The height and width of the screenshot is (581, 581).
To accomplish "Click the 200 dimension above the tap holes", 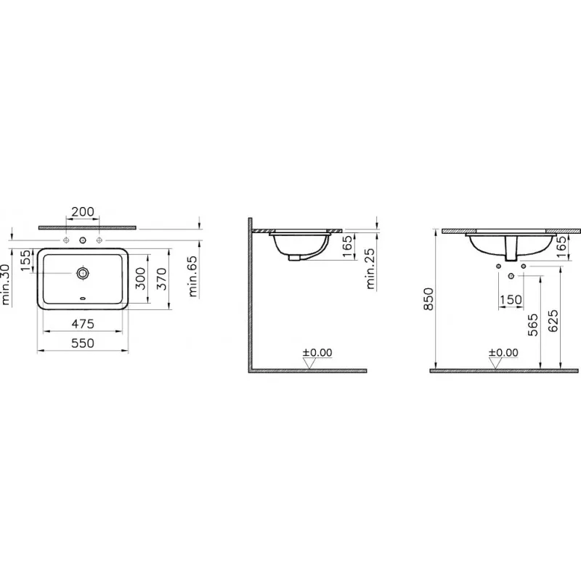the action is pos(83,211).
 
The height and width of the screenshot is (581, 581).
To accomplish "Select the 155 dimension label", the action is pos(25,261).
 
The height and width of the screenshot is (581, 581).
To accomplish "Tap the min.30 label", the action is pos(5,284).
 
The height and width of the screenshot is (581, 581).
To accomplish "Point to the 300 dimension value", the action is pos(141,279).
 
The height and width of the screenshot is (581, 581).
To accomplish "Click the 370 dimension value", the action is pos(162,279).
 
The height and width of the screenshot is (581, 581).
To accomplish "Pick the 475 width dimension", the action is pos(83,324).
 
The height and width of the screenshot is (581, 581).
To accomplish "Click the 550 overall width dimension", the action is pos(83,343).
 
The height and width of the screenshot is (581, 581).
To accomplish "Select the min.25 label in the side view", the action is pos(370,269).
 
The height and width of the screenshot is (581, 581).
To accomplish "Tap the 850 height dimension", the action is pos(428,299).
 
